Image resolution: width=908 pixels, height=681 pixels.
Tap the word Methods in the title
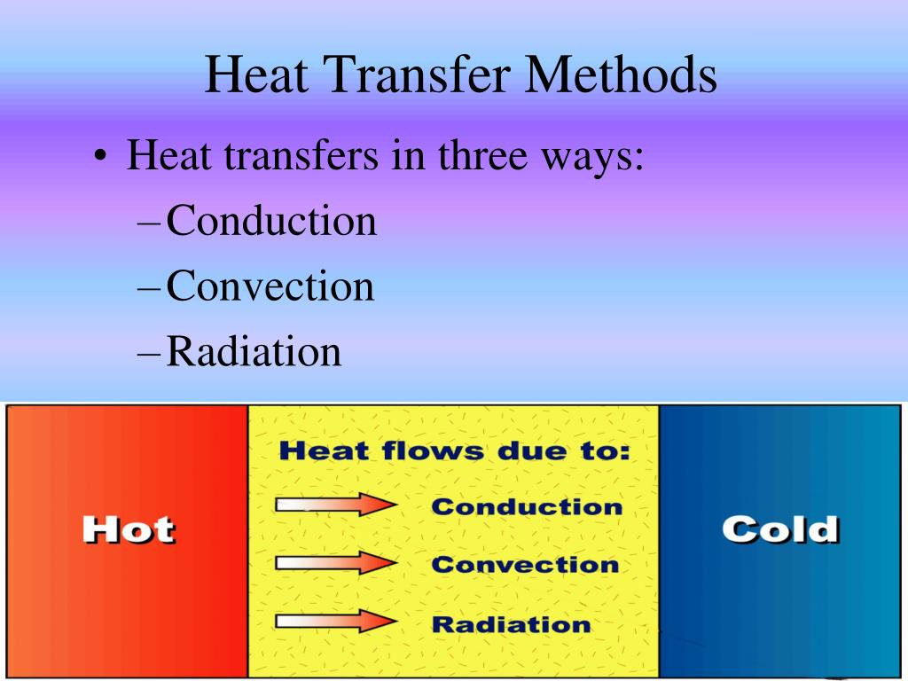(620, 75)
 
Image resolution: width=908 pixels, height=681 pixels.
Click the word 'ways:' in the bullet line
(598, 158)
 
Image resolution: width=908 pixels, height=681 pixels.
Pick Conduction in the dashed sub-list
(271, 221)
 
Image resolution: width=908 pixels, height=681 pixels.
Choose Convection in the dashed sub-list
(270, 286)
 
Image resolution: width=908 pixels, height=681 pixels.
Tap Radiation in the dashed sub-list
(254, 351)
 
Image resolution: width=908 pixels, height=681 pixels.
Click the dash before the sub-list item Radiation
(150, 353)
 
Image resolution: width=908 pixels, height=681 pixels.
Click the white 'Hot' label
(129, 529)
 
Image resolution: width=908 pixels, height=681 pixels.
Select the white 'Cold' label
(779, 529)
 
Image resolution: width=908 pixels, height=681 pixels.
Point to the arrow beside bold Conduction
(335, 505)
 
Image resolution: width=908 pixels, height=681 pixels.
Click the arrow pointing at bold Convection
(335, 563)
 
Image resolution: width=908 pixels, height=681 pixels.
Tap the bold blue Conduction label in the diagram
(527, 506)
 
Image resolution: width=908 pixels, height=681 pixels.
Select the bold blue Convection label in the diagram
(525, 564)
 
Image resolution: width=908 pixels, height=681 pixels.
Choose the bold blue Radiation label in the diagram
(511, 623)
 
